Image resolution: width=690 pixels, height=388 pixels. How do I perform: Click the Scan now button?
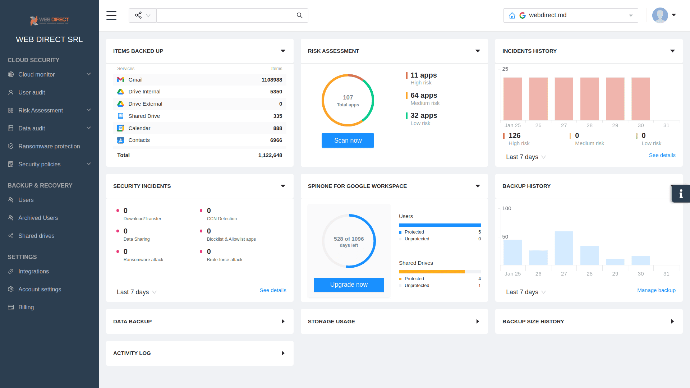[348, 140]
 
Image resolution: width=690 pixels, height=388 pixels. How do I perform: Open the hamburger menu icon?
[111, 15]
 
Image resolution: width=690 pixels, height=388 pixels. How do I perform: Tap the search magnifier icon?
[299, 15]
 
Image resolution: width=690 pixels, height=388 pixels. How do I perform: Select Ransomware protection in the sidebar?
[49, 146]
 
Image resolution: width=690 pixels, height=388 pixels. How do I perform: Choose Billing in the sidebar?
[26, 307]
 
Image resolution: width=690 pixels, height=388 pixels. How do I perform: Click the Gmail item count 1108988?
[272, 80]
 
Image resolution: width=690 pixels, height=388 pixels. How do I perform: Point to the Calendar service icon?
[121, 128]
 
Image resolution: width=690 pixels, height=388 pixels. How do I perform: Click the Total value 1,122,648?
[270, 155]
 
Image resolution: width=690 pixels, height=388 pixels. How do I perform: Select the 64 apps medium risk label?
[424, 96]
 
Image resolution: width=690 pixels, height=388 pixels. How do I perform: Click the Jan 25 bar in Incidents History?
[512, 99]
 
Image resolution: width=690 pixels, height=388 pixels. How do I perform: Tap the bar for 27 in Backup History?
[564, 248]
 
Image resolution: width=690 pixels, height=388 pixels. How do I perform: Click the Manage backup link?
[656, 290]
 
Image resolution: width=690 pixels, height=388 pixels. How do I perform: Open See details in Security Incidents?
[273, 290]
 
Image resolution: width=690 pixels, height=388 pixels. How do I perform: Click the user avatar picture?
[660, 15]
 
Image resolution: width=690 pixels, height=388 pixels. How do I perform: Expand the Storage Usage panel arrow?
[478, 322]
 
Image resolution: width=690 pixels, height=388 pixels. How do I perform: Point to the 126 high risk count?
[514, 136]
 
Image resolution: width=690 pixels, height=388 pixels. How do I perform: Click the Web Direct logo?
[49, 20]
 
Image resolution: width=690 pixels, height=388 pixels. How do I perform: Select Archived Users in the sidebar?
[38, 218]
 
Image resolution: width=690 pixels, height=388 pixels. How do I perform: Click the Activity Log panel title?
[132, 353]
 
